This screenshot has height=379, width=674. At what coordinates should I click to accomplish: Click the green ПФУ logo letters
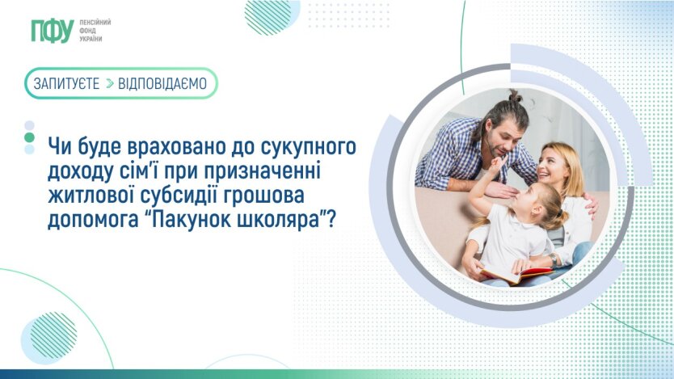click(x=53, y=31)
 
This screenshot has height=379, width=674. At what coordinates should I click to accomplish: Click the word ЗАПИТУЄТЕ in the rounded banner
click(x=66, y=83)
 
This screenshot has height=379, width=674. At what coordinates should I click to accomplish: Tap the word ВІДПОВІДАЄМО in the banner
click(x=162, y=83)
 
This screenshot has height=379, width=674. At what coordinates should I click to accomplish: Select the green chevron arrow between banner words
click(x=110, y=83)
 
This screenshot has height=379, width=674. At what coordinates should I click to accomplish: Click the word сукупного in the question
click(x=308, y=147)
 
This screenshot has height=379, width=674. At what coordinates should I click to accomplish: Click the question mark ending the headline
click(x=331, y=218)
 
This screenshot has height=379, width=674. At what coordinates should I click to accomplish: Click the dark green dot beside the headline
click(x=29, y=137)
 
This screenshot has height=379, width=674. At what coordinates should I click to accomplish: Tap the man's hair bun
click(x=513, y=95)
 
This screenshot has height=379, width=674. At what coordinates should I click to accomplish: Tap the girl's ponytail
click(x=558, y=215)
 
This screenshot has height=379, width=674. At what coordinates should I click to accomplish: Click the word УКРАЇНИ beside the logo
click(x=91, y=39)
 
